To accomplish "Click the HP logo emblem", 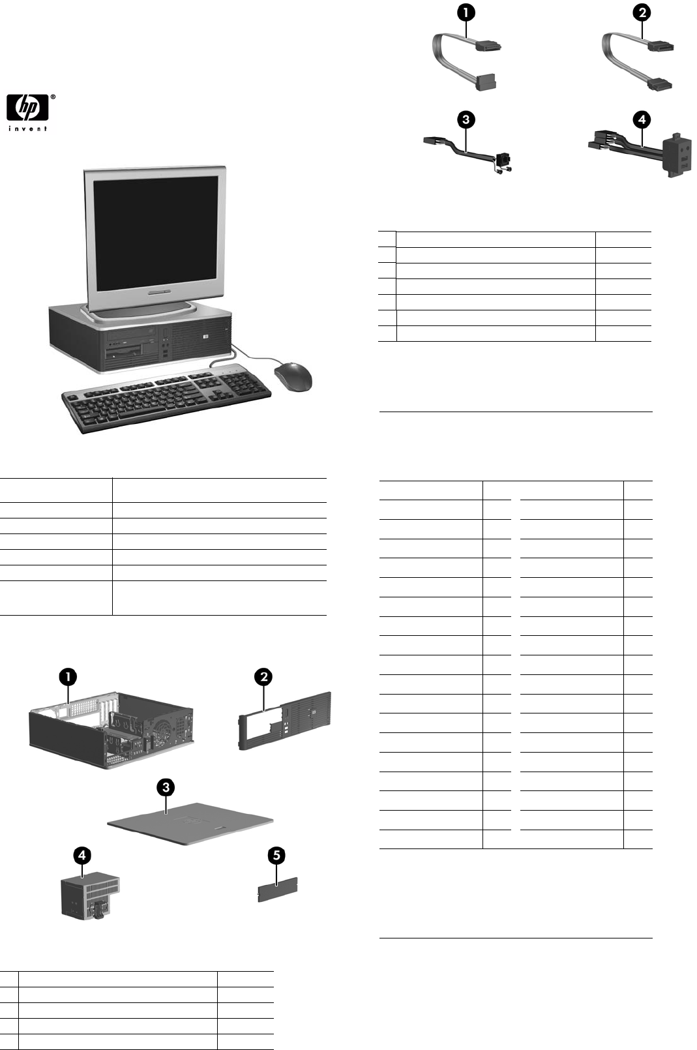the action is click(27, 107).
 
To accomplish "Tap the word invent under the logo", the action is click(27, 128).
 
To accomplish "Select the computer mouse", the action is click(293, 377).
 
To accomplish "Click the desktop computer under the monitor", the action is click(140, 337).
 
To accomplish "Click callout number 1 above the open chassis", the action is click(68, 677).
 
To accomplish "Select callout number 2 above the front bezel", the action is click(263, 677).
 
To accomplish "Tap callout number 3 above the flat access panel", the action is click(166, 787).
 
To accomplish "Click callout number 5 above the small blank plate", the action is click(277, 855).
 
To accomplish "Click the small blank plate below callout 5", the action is click(278, 890).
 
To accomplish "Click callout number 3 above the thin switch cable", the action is click(466, 119).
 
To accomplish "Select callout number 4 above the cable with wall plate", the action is click(642, 119).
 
